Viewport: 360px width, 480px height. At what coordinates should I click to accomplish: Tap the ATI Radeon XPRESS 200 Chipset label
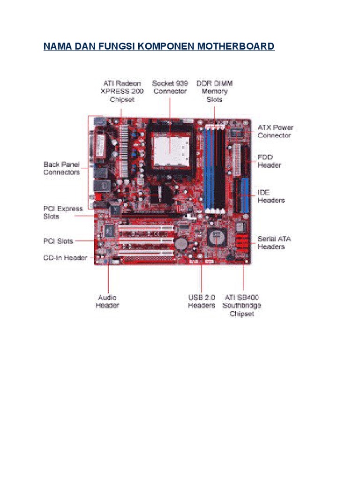[x=122, y=91]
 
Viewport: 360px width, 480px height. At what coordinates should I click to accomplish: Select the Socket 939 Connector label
[x=170, y=87]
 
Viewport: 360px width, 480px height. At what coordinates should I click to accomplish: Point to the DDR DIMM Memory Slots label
[x=214, y=91]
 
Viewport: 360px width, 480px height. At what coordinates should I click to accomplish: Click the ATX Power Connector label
[x=276, y=131]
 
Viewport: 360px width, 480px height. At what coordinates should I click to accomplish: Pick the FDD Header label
[x=270, y=161]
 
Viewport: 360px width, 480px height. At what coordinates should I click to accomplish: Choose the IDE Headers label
[x=271, y=196]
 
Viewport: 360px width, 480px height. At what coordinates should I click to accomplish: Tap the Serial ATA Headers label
[x=274, y=242]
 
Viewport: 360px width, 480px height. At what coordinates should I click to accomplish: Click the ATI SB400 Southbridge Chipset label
[x=242, y=306]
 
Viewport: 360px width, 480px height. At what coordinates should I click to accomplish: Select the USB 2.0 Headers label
[x=202, y=301]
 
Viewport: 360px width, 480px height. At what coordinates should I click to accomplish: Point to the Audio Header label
[x=107, y=301]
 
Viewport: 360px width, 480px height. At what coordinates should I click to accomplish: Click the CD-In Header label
[x=66, y=257]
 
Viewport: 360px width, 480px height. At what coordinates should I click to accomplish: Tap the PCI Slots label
[x=58, y=241]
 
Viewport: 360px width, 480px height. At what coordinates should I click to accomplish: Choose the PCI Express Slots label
[x=63, y=212]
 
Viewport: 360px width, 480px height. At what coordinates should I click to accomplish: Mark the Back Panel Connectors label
[x=62, y=168]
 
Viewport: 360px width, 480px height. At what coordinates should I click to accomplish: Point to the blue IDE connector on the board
[x=244, y=194]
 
